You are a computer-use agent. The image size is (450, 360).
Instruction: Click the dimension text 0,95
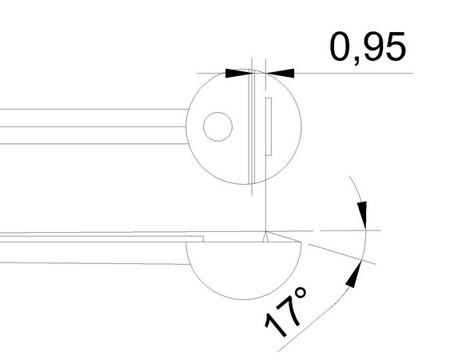pos(368,47)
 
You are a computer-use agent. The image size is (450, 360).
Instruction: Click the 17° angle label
pos(285,312)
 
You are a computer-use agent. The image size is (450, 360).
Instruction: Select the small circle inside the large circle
pos(217,126)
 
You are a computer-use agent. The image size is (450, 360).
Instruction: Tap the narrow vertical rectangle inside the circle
pos(269,126)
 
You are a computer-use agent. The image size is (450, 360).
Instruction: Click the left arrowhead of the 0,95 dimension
pos(239,74)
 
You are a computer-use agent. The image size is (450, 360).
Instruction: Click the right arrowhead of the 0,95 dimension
pos(281,74)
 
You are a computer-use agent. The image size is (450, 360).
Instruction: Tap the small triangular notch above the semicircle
pos(265,237)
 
